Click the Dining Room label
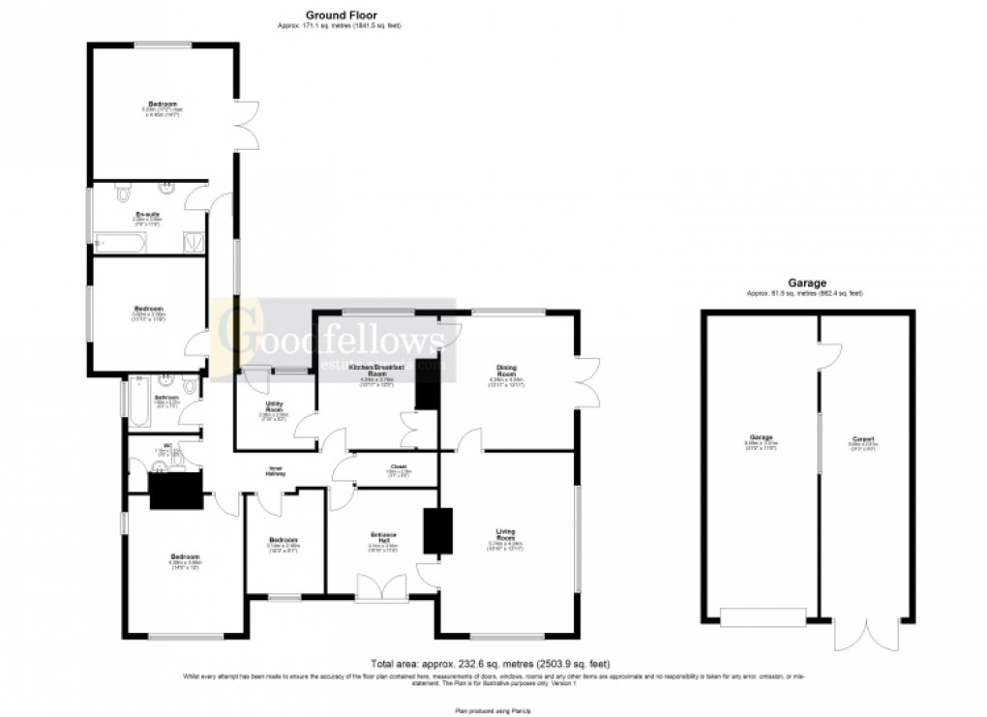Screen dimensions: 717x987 click(x=508, y=371)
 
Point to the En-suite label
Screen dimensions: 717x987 click(x=147, y=215)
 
